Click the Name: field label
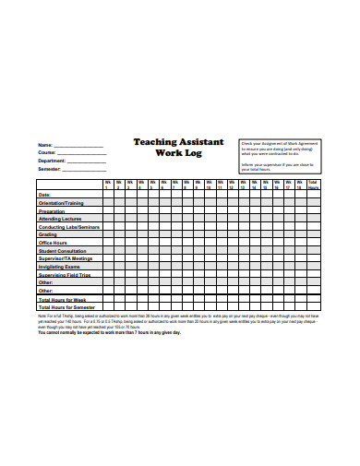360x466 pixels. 44,146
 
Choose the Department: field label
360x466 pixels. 52,161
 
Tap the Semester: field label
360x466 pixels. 48,169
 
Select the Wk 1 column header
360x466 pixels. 107,185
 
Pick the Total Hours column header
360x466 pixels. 313,185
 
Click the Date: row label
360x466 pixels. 44,195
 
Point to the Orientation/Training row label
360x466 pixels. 60,202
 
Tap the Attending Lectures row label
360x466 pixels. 60,219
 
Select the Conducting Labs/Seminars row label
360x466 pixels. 67,227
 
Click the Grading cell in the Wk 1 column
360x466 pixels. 107,234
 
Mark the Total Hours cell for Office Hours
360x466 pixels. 313,243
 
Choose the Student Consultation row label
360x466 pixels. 62,251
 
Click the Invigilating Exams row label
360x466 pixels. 60,268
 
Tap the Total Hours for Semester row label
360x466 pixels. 66,308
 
